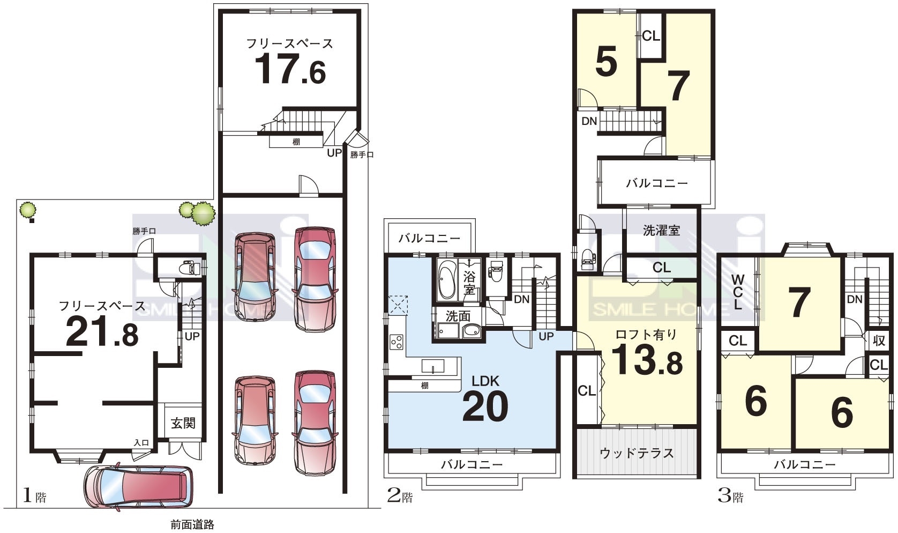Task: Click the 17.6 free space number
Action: pyautogui.click(x=290, y=69)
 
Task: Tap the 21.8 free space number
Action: pyautogui.click(x=102, y=331)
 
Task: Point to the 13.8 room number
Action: pyautogui.click(x=647, y=360)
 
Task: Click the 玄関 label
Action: pyautogui.click(x=183, y=423)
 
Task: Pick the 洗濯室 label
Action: pyautogui.click(x=662, y=231)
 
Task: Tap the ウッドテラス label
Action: pyautogui.click(x=637, y=453)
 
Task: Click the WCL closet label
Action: pyautogui.click(x=738, y=292)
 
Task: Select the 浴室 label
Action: pyautogui.click(x=469, y=283)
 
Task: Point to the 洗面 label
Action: pyautogui.click(x=458, y=316)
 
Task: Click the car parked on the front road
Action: pyautogui.click(x=138, y=487)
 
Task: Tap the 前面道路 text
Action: pyautogui.click(x=192, y=524)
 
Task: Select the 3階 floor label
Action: pyautogui.click(x=730, y=497)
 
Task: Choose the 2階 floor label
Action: pyautogui.click(x=400, y=497)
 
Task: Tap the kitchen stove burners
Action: pyautogui.click(x=396, y=342)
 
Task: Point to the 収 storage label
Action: pyautogui.click(x=878, y=340)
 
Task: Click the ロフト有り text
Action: pyautogui.click(x=646, y=334)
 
